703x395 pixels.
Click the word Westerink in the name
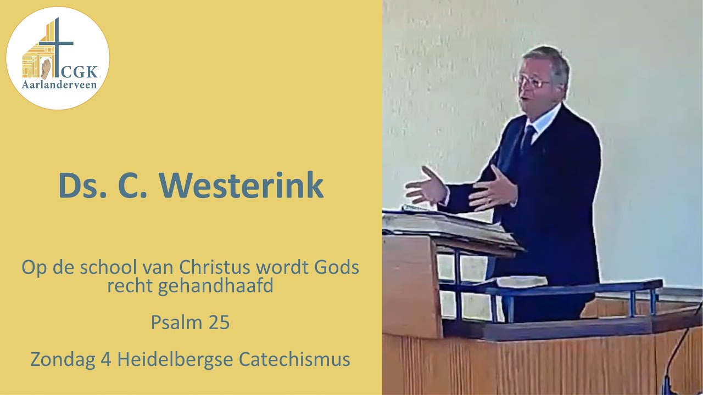coord(243,186)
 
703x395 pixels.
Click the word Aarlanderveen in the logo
coord(59,85)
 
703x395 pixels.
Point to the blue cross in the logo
coord(57,44)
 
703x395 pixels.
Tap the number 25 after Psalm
coord(219,323)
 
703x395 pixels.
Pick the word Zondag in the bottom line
coord(58,359)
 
